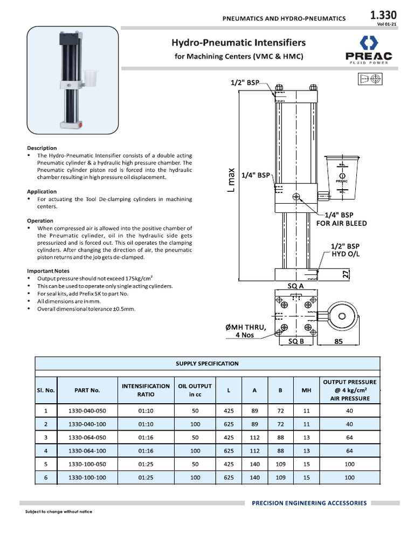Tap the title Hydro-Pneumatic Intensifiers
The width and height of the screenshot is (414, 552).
point(238,42)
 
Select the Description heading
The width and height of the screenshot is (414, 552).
point(42,148)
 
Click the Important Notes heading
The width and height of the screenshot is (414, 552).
point(48,271)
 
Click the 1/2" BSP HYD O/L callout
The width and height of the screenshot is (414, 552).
point(344,250)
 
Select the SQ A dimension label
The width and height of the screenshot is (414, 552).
point(296,286)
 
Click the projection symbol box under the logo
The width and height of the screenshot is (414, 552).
point(369,79)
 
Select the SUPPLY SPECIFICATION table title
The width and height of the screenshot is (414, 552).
point(207,363)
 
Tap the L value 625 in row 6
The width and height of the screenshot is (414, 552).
point(229,477)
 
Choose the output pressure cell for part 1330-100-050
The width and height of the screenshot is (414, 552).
point(349,464)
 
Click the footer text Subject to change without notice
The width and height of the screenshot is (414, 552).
point(59,512)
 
